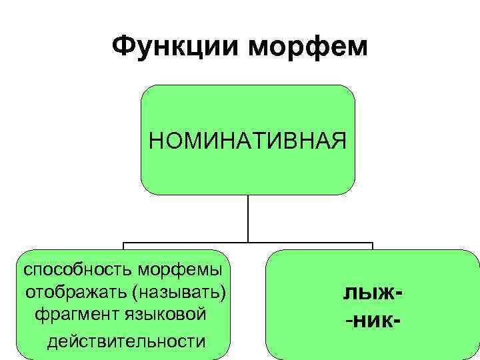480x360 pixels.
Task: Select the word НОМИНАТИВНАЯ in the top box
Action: [x=247, y=141]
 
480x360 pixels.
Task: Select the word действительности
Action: [x=126, y=341]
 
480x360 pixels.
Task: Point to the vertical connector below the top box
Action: [x=248, y=218]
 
